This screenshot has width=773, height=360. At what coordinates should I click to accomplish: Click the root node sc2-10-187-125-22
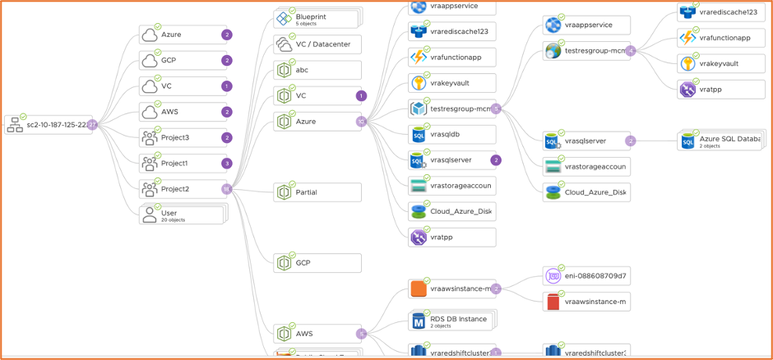(x=49, y=125)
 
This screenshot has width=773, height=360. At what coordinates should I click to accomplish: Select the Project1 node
(x=183, y=164)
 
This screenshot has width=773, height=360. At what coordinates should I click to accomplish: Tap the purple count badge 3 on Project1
(x=227, y=164)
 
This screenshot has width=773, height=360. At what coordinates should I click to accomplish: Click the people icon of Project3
(x=150, y=138)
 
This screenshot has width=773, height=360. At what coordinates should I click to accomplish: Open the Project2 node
(x=183, y=189)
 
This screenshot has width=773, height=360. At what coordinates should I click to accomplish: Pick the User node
(x=183, y=215)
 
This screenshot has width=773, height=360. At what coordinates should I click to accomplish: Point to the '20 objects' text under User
(x=174, y=220)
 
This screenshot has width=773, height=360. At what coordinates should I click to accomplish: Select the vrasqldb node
(x=451, y=135)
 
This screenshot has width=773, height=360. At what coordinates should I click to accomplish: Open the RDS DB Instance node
(x=451, y=321)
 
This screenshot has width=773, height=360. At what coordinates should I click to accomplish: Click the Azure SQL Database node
(x=721, y=141)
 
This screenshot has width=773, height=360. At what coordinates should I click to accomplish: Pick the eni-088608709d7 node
(x=586, y=276)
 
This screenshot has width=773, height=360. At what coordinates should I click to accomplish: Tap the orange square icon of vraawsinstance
(x=419, y=289)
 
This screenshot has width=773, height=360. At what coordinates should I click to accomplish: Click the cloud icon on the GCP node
(x=150, y=61)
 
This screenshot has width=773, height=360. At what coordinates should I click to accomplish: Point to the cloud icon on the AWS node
(x=150, y=113)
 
